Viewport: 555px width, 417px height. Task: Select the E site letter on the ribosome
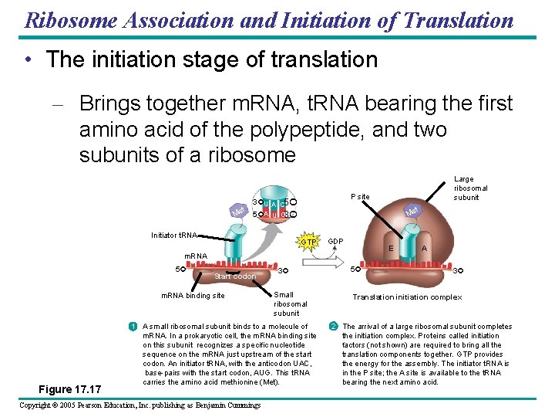[392, 248]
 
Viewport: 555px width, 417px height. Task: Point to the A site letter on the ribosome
[425, 248]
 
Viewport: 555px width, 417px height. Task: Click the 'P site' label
[360, 197]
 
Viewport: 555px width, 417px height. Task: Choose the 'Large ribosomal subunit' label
[470, 188]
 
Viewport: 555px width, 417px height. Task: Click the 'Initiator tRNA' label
[174, 234]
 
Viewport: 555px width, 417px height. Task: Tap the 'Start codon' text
[235, 276]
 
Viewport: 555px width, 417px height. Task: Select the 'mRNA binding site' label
[193, 296]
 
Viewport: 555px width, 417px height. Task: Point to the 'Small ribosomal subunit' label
[291, 303]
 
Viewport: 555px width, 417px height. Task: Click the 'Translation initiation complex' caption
[407, 297]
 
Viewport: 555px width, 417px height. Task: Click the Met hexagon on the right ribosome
[412, 210]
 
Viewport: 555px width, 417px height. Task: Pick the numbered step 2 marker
[332, 327]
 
